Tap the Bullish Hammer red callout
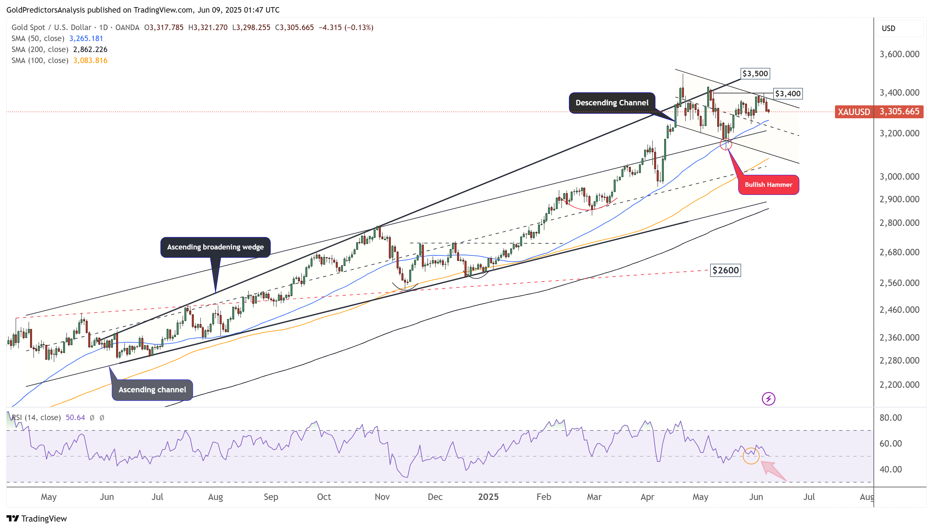click(768, 185)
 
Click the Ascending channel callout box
click(152, 389)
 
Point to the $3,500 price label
click(755, 74)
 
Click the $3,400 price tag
click(787, 93)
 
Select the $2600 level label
click(725, 270)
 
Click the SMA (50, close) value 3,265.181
click(86, 38)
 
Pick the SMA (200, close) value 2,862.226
click(90, 49)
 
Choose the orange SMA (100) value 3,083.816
click(90, 60)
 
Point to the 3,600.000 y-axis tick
click(899, 54)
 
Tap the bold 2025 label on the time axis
click(488, 497)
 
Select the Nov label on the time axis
click(382, 497)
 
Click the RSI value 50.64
click(75, 418)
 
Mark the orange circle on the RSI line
click(751, 455)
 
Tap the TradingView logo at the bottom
click(37, 518)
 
